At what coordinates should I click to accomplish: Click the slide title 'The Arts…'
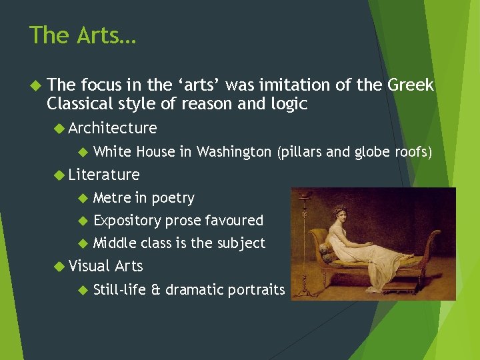tap(83, 35)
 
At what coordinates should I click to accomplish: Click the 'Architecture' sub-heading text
tap(112, 128)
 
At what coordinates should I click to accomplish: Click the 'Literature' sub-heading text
tap(103, 175)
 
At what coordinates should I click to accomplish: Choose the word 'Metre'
tap(112, 198)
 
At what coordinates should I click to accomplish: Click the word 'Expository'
tap(127, 221)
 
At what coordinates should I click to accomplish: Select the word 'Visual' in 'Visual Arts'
tap(89, 266)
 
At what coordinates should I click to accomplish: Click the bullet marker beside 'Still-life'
tap(82, 290)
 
